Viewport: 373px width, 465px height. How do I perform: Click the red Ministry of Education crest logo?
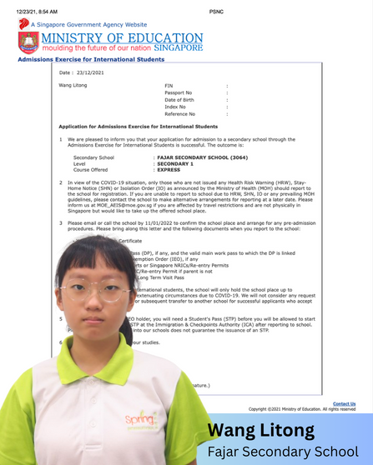point(28,42)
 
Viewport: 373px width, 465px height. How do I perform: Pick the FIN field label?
point(169,86)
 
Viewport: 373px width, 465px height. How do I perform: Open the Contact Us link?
point(344,403)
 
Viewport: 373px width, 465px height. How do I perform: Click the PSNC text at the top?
point(217,9)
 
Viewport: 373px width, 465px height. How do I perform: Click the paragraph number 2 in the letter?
point(60,182)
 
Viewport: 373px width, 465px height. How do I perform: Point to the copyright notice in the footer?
point(301,409)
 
